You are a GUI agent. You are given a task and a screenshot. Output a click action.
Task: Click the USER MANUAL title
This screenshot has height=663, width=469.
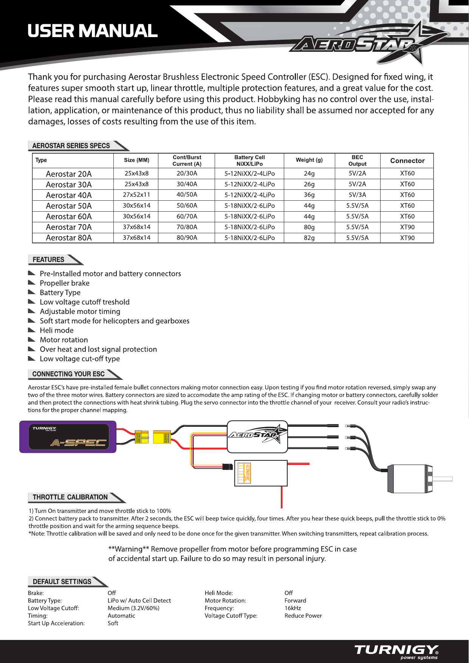point(93,31)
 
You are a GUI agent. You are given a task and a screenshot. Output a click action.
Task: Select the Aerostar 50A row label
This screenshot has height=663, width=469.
point(69,206)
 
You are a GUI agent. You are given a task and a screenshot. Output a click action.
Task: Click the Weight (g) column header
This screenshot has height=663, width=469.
point(309,160)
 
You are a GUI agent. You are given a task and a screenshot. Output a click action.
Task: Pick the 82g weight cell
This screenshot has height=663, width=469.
point(309,238)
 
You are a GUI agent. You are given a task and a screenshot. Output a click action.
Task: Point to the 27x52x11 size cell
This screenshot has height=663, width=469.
point(136,195)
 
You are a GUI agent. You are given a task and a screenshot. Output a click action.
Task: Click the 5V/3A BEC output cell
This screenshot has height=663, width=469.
point(357,195)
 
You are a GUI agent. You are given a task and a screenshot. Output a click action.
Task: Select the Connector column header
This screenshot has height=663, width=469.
point(407,161)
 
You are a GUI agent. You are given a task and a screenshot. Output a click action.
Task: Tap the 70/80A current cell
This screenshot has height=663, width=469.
point(187,227)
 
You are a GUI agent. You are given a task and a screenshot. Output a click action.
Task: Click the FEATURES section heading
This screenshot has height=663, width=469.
point(49,260)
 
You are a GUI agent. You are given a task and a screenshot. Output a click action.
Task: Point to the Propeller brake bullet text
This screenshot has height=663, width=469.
point(65,283)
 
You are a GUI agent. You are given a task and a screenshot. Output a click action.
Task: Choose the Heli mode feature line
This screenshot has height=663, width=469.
point(57,330)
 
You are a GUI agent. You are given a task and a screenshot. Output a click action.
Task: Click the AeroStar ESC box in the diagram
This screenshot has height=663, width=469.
point(257,437)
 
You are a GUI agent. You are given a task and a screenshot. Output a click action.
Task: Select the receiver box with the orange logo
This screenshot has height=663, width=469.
point(261,473)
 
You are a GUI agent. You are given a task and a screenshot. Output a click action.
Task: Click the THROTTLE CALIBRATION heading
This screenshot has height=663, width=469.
point(70,497)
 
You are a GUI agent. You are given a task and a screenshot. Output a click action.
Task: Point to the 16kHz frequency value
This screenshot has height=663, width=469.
point(293,608)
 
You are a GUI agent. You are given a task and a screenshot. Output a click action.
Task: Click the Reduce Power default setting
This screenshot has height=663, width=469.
point(303,616)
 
